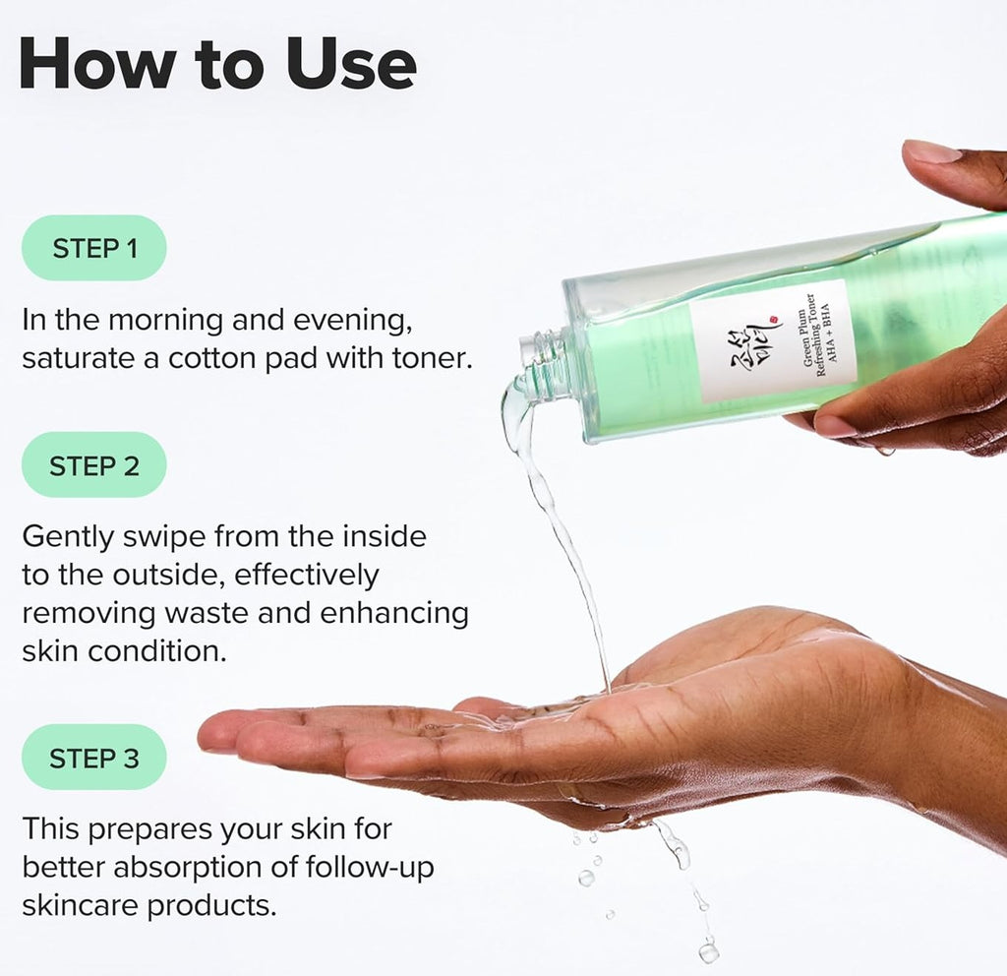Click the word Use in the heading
pyautogui.click(x=350, y=64)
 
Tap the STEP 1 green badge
pyautogui.click(x=94, y=248)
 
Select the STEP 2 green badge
pyautogui.click(x=94, y=464)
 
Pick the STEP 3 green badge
pyautogui.click(x=94, y=758)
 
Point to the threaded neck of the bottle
pyautogui.click(x=544, y=362)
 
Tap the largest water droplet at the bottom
pyautogui.click(x=708, y=950)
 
